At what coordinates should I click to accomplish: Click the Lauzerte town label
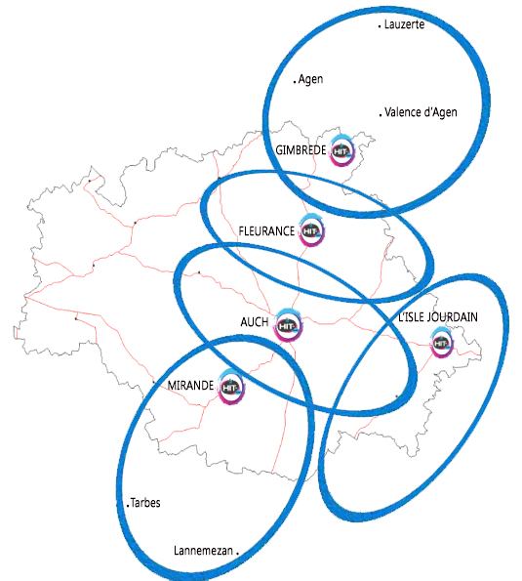coord(405,24)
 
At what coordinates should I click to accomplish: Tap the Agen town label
coord(310,80)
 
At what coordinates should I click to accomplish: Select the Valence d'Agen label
coord(421,112)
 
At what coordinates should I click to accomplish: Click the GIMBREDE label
coord(301,150)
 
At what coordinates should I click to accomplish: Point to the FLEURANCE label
coord(266,230)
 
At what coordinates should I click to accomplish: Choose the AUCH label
coord(254,321)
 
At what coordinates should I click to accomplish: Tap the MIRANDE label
coord(190,386)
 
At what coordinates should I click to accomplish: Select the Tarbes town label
coord(145,504)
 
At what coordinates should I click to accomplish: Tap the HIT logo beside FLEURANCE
coord(310,230)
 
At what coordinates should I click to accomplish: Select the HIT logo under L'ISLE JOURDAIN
coord(442,341)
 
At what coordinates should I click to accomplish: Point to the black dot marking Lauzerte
coord(379,27)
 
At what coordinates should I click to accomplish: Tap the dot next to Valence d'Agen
coord(379,114)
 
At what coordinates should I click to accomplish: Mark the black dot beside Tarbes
coord(128,506)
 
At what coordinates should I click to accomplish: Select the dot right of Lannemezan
coord(237,552)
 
